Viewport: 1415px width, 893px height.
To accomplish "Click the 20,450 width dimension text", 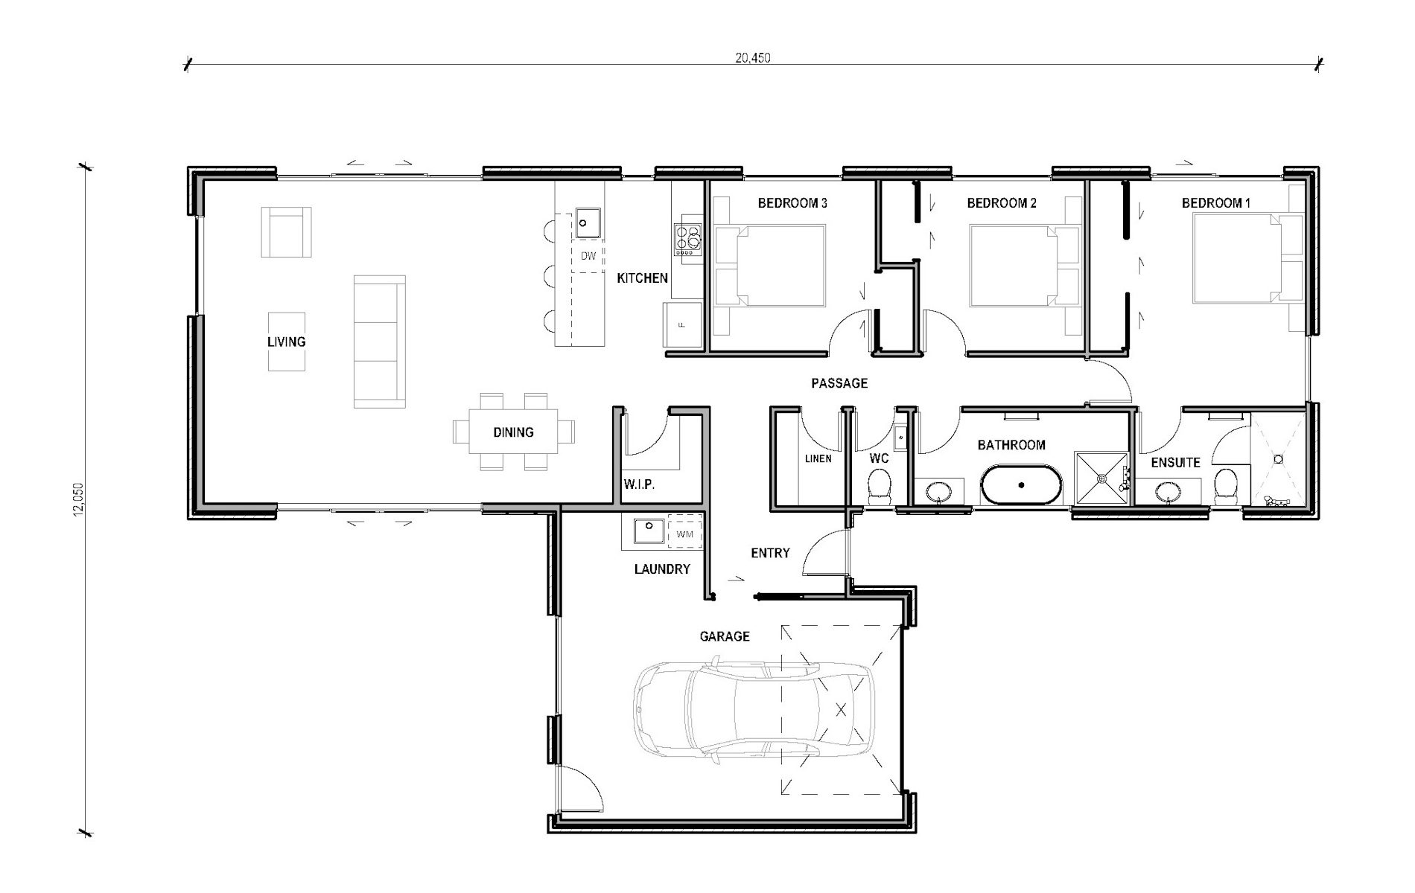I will (x=752, y=58).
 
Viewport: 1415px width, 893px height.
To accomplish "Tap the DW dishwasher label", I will (x=588, y=257).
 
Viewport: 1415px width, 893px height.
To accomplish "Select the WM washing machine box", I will (x=684, y=534).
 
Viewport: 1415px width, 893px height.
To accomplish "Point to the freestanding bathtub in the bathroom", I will (x=1021, y=484).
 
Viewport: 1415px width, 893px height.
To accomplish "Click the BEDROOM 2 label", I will (x=1001, y=203).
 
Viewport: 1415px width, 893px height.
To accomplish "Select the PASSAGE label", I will (x=839, y=383).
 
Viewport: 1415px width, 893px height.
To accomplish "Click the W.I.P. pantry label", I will (x=639, y=484).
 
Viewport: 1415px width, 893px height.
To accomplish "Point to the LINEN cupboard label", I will (x=818, y=458).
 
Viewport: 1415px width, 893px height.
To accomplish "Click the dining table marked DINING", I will (x=513, y=432).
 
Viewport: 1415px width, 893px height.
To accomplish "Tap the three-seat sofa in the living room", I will (x=380, y=341).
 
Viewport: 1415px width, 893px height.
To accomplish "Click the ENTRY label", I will (x=770, y=553).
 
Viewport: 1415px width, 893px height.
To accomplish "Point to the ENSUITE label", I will (x=1175, y=462).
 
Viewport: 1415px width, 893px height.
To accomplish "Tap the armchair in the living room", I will (x=285, y=232).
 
